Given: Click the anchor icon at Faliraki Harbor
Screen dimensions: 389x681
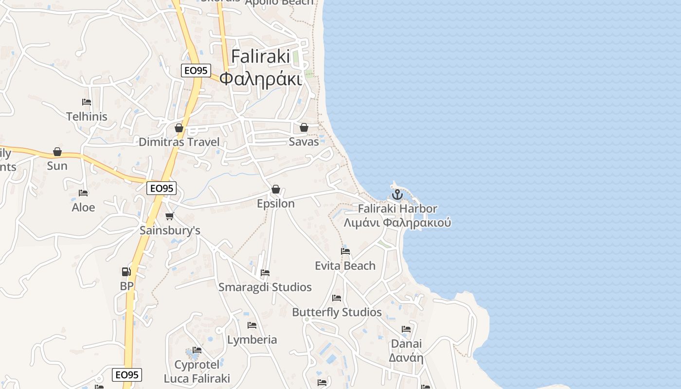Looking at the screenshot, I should pos(397,194).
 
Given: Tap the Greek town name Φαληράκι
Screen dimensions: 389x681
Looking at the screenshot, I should pos(261,78).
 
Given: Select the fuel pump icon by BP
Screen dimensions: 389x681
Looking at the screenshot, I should pos(126,272).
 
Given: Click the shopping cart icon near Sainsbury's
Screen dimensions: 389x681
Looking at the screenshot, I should pos(169,216).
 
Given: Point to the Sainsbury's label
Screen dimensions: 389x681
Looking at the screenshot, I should pos(170,230).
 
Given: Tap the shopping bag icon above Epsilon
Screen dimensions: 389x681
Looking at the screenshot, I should pos(276,189).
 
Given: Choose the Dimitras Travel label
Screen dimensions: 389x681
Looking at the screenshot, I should pos(179,142).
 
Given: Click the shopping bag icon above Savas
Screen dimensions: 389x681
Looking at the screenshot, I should pos(304,127).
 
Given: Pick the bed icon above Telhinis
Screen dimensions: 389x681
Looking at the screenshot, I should pos(87,102).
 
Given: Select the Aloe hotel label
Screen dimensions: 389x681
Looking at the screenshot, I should pos(83,207).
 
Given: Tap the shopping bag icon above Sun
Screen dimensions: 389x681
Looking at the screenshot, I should pos(57,152).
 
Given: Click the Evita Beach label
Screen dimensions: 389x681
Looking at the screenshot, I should pos(345,265).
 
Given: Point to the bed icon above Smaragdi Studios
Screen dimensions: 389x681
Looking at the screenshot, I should pos(265,273).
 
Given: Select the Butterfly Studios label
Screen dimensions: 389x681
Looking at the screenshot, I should pos(337,312).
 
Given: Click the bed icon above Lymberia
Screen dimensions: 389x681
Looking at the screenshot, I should pos(252,325).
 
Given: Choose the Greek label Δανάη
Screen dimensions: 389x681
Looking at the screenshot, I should pos(406,358).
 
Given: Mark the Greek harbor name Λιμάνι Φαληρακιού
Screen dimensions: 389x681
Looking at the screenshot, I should pos(397,223).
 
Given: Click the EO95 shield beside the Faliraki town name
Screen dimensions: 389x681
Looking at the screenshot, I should pos(196,71).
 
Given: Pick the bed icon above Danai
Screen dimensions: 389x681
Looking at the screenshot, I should pos(406,329).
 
